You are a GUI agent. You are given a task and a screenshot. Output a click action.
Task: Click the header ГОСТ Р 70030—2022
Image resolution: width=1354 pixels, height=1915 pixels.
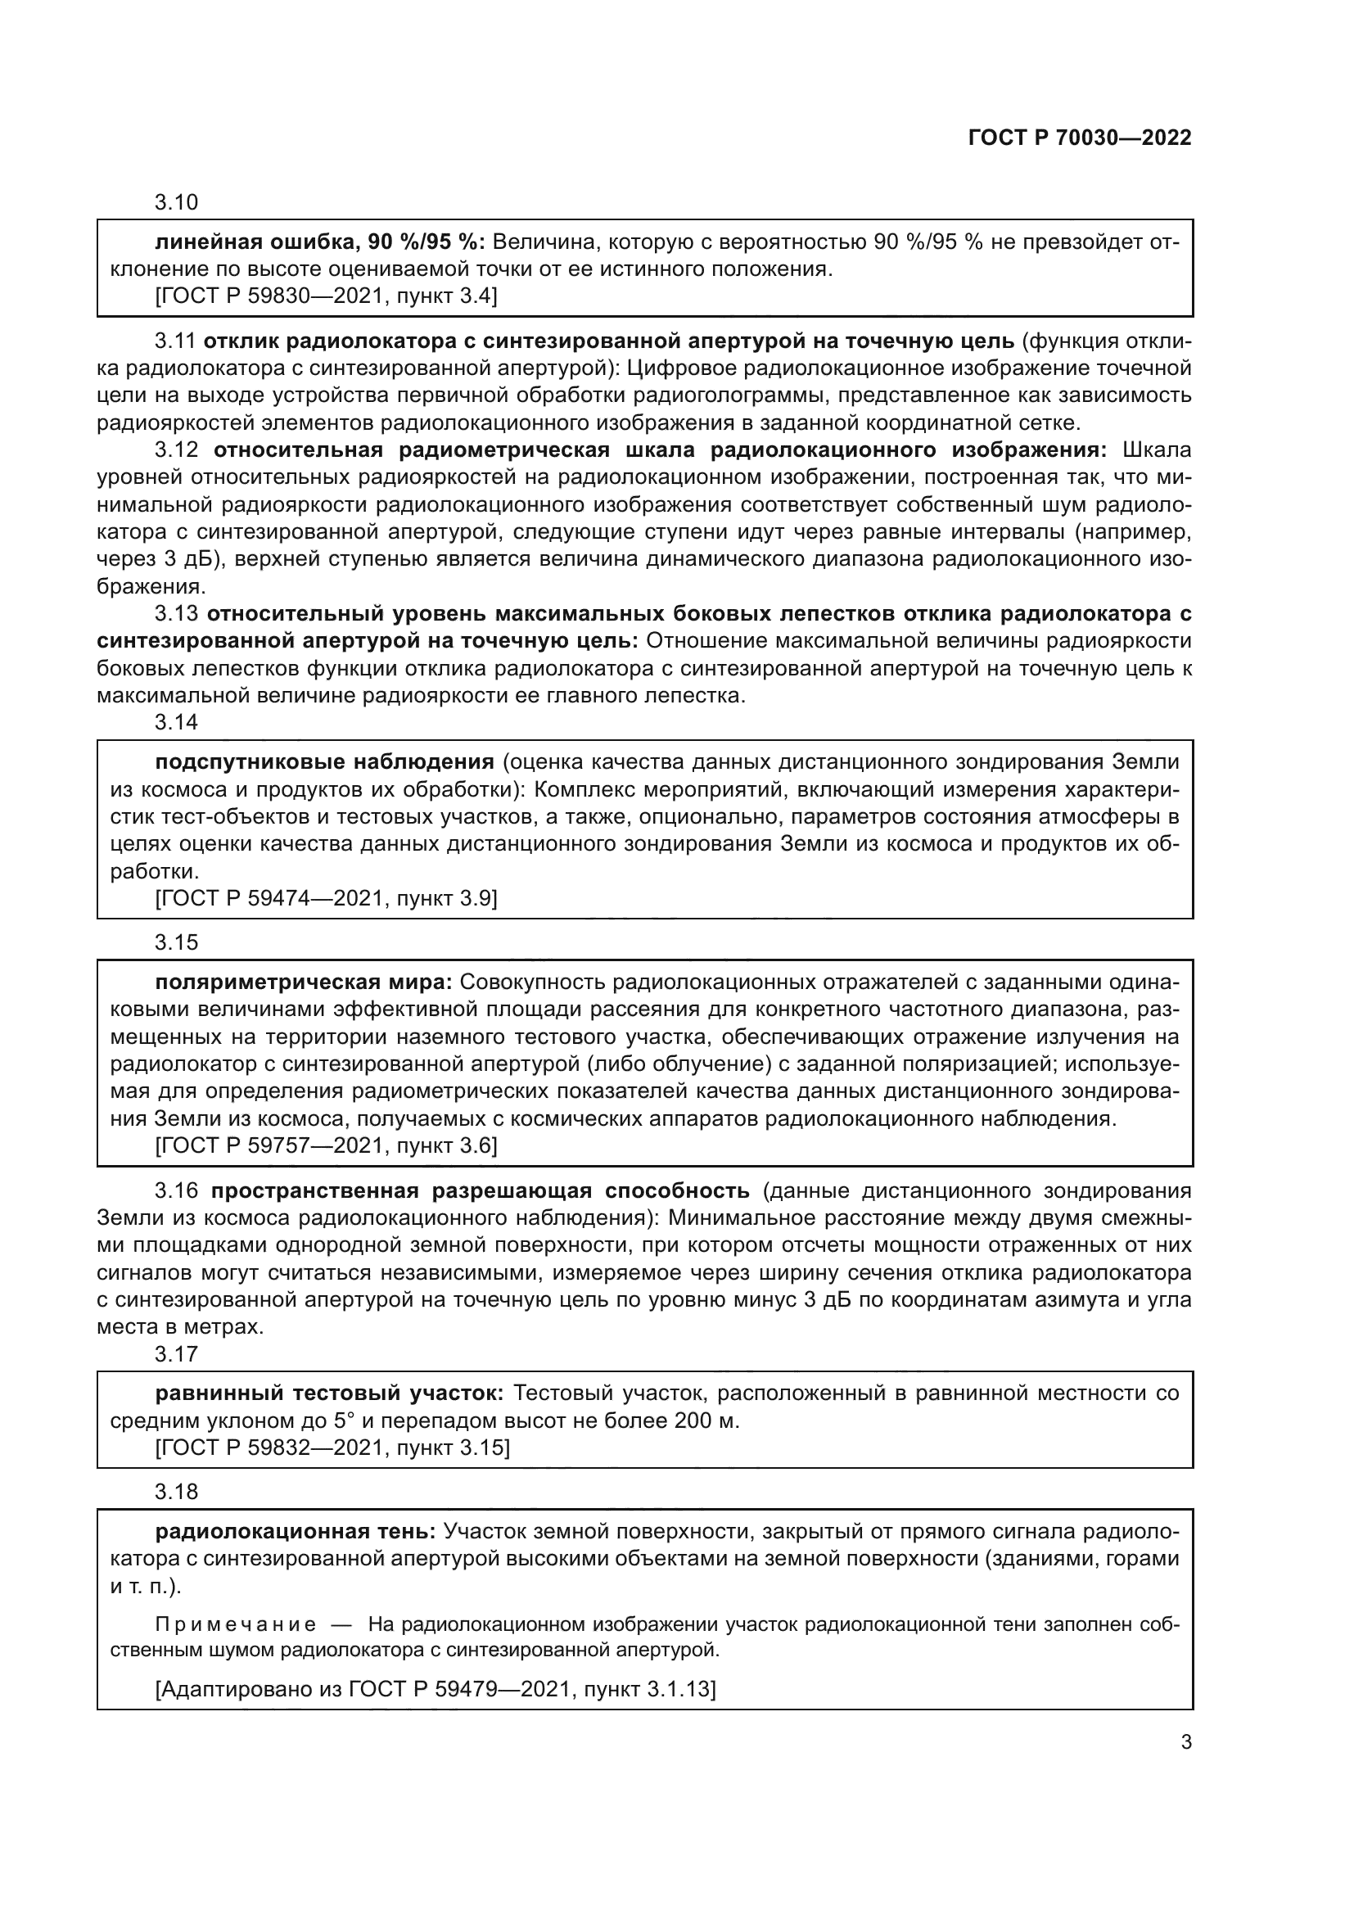1080,138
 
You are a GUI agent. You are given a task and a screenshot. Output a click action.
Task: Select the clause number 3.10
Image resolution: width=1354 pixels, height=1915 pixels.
176,202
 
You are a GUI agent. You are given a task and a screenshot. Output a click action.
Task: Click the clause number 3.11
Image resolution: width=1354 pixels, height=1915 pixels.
175,341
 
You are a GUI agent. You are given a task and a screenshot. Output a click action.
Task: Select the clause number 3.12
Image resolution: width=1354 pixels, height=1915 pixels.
176,449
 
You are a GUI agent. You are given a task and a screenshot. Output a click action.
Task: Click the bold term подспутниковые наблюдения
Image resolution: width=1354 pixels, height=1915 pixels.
324,761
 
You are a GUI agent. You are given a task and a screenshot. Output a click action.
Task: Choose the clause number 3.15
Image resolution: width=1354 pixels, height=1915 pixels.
176,942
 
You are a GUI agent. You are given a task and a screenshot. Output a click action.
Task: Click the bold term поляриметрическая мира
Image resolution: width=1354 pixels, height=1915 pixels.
304,982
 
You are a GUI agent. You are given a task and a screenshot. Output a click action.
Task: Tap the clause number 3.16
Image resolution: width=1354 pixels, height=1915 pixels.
176,1190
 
